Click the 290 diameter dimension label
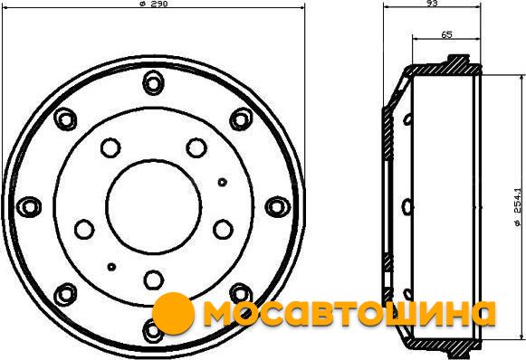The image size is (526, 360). (153, 4)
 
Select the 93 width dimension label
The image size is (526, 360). (433, 3)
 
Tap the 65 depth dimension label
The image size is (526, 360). (446, 34)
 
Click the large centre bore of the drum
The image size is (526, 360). (154, 206)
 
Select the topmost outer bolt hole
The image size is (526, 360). (153, 82)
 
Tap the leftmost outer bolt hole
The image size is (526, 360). (29, 206)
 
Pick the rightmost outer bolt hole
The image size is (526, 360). (277, 206)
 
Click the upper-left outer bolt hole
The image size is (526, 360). (65, 119)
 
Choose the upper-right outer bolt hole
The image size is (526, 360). (241, 119)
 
